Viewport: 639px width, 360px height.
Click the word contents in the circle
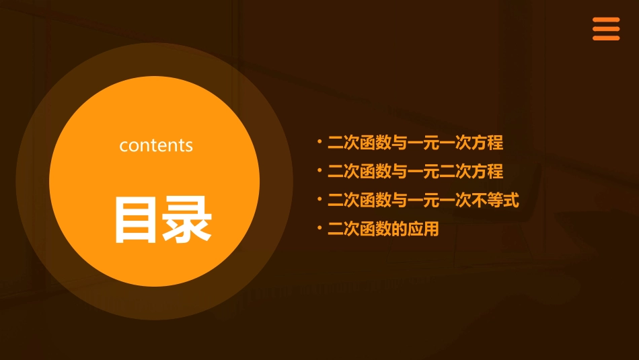click(x=156, y=145)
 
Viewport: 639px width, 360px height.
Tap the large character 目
click(x=137, y=219)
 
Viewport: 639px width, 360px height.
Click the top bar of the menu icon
click(x=606, y=20)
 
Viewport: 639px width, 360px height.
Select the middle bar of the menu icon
click(x=606, y=29)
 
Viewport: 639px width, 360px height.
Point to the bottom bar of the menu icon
click(x=606, y=38)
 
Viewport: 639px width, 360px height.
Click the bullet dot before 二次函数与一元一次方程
click(x=319, y=143)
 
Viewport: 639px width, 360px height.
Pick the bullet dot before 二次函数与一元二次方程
click(x=319, y=172)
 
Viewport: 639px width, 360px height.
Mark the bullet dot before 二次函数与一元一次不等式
click(x=319, y=201)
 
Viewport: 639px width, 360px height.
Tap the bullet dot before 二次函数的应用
click(x=319, y=229)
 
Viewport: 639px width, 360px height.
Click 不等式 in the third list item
click(x=495, y=201)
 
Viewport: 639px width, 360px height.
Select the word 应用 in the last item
click(x=423, y=229)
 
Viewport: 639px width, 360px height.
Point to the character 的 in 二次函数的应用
click(x=400, y=229)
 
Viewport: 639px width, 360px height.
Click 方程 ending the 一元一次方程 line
click(x=487, y=143)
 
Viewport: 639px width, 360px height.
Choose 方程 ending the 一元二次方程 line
click(x=487, y=172)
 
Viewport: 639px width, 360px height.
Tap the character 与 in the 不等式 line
click(x=400, y=201)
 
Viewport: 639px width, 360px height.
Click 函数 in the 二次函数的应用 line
click(x=375, y=229)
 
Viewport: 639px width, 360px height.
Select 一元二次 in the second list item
click(x=439, y=172)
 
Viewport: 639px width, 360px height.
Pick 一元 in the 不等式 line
click(x=423, y=201)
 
